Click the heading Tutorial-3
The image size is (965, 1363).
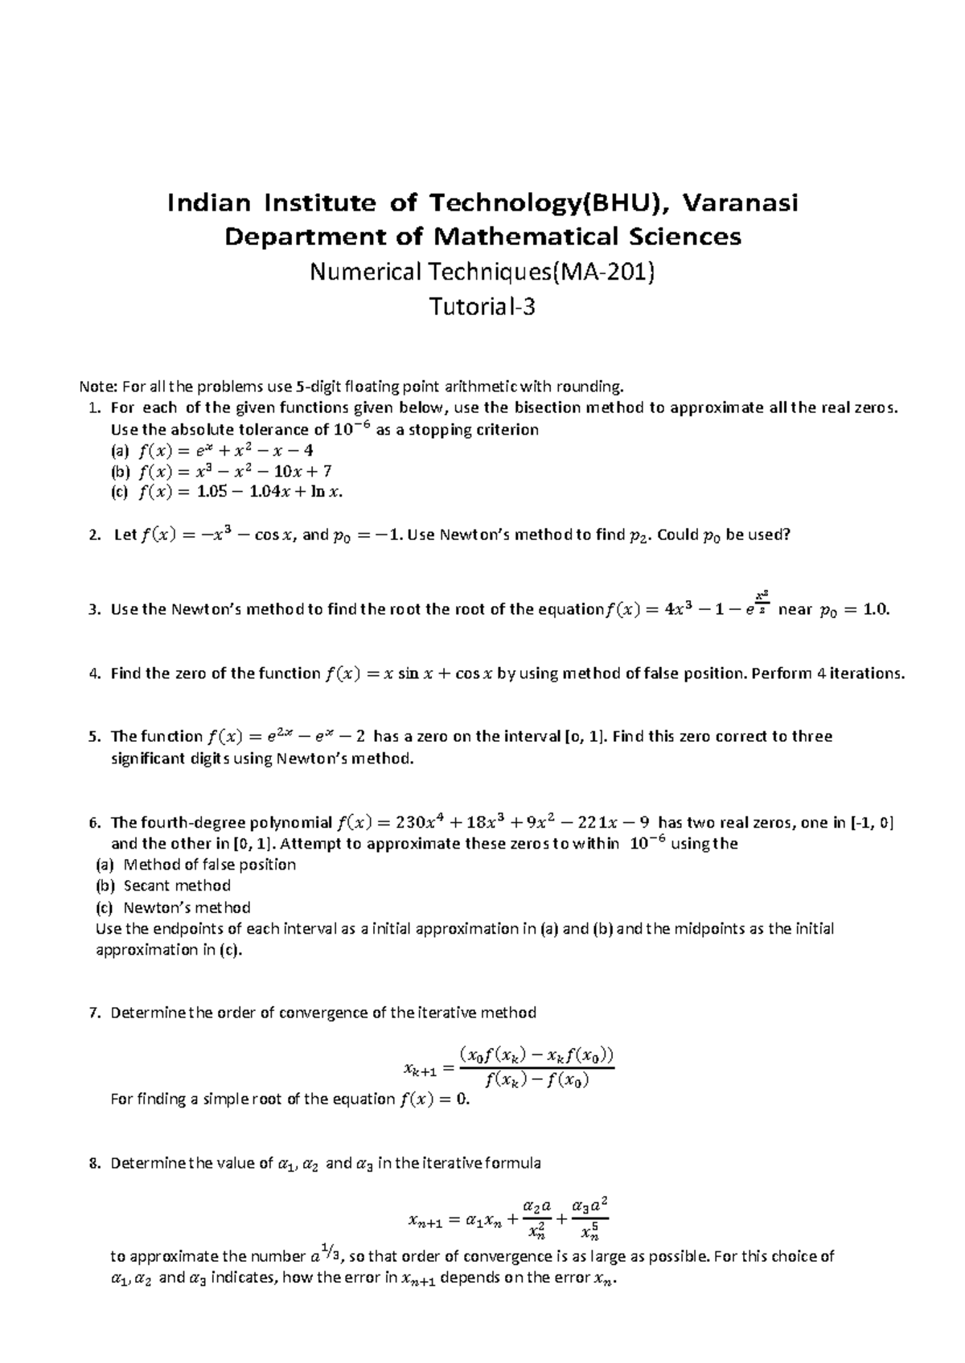coord(482,307)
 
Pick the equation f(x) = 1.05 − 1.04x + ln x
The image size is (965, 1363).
coord(240,493)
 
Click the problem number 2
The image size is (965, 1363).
coord(95,535)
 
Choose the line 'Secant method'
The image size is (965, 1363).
coord(177,886)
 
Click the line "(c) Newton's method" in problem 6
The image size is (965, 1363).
coord(172,907)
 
